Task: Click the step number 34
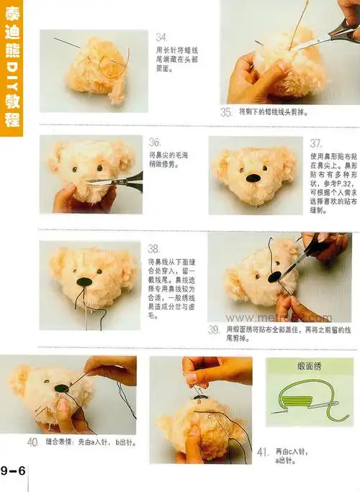[162, 37]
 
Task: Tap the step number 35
[226, 113]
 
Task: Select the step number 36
[155, 142]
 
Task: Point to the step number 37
[316, 143]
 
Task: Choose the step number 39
[214, 330]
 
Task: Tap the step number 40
[33, 442]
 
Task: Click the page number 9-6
[13, 471]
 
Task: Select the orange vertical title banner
[12, 68]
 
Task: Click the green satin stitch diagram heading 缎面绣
[310, 366]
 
